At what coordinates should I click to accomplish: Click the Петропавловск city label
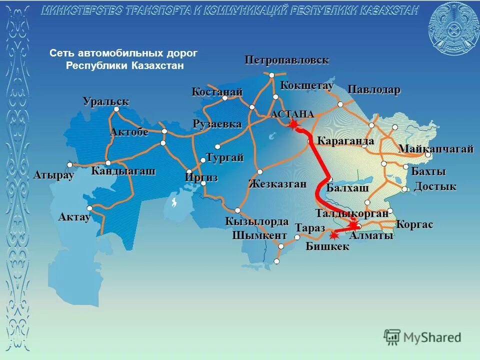pyautogui.click(x=286, y=60)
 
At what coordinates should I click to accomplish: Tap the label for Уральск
pyautogui.click(x=105, y=101)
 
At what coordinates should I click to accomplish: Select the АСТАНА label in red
pyautogui.click(x=292, y=114)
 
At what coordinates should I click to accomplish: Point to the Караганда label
pyautogui.click(x=345, y=141)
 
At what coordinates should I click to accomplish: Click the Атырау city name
pyautogui.click(x=53, y=175)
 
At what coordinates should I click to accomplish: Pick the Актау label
pyautogui.click(x=74, y=217)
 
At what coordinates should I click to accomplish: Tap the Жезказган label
pyautogui.click(x=277, y=183)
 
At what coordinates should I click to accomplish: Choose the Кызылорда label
pyautogui.click(x=256, y=221)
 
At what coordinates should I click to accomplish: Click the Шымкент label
pyautogui.click(x=259, y=235)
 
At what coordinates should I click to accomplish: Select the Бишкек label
pyautogui.click(x=327, y=246)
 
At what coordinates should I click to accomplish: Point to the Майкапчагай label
pyautogui.click(x=435, y=148)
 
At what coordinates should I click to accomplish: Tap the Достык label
pyautogui.click(x=435, y=186)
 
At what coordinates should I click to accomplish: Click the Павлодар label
pyautogui.click(x=374, y=90)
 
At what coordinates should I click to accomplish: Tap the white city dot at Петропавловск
pyautogui.click(x=271, y=75)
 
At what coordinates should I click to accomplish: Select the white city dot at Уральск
pyautogui.click(x=116, y=109)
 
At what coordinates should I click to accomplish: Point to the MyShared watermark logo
pyautogui.click(x=422, y=337)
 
